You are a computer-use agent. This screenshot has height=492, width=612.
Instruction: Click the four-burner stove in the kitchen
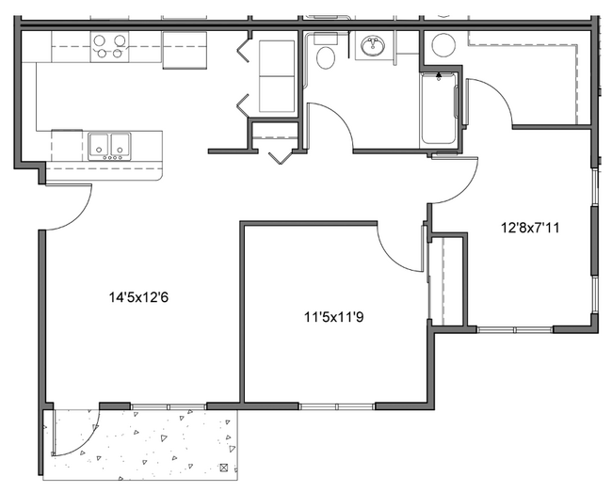108,47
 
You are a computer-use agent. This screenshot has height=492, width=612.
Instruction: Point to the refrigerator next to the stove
184,50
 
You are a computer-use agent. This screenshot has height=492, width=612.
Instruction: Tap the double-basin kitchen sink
110,147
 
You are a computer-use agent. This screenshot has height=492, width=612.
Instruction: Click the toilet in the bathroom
326,56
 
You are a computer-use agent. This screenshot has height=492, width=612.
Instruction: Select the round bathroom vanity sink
375,45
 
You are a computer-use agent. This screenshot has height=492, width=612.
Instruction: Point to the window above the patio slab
167,406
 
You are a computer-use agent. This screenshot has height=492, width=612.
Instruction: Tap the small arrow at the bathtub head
439,72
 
